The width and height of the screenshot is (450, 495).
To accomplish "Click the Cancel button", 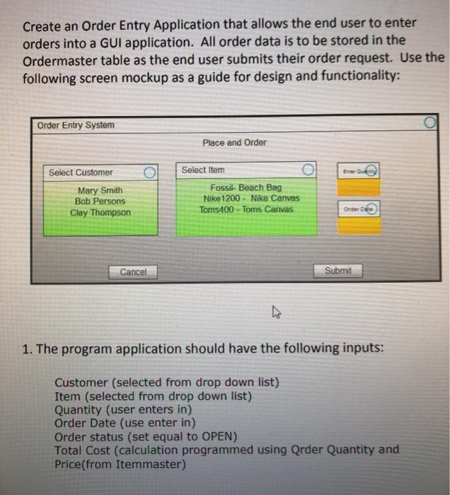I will tap(133, 272).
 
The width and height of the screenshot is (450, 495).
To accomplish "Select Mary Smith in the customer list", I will tap(100, 190).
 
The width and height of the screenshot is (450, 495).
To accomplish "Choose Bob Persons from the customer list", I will tap(100, 202).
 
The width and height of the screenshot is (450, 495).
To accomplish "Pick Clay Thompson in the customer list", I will tap(100, 212).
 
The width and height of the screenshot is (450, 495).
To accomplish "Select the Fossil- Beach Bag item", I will tap(246, 188).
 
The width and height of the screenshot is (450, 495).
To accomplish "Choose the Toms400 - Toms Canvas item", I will tap(246, 209).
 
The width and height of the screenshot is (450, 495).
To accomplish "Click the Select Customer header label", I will tap(81, 173).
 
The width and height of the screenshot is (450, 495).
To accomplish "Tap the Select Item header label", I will tap(202, 170).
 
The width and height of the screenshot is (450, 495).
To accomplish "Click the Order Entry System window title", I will tap(76, 126).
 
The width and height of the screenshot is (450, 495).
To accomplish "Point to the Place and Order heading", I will tap(234, 143).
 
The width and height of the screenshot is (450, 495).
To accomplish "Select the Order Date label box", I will tap(359, 209).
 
